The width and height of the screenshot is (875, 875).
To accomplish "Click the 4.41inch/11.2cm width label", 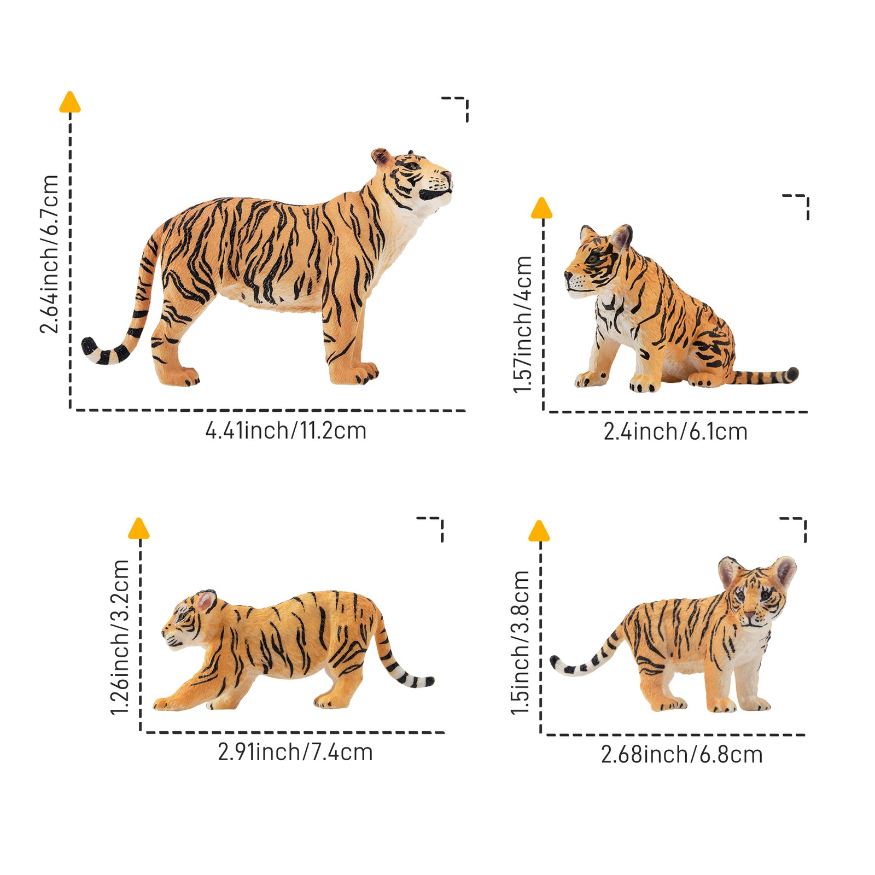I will pyautogui.click(x=285, y=431).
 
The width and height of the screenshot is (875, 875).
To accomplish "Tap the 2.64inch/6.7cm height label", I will pyautogui.click(x=49, y=254).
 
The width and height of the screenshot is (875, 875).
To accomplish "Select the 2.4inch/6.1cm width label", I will pyautogui.click(x=675, y=432).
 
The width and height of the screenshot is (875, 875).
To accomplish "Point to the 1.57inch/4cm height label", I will pyautogui.click(x=523, y=324).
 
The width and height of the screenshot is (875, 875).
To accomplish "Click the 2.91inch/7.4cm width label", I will pyautogui.click(x=295, y=752).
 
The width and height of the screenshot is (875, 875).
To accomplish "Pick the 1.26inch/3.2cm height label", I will pyautogui.click(x=120, y=637).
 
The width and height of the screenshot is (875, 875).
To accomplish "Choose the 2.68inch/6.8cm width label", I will pyautogui.click(x=681, y=755).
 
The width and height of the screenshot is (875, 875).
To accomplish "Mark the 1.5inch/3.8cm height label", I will pyautogui.click(x=521, y=643).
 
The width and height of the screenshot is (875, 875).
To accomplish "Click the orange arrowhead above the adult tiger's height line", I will pyautogui.click(x=70, y=102).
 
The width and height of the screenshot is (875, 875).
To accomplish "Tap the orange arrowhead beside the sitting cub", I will pyautogui.click(x=542, y=208).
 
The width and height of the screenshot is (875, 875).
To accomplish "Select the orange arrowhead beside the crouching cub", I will pyautogui.click(x=139, y=529).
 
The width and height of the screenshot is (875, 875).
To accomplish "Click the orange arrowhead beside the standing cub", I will pyautogui.click(x=539, y=531).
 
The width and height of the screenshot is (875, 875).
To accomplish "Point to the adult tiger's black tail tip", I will pyautogui.click(x=87, y=345).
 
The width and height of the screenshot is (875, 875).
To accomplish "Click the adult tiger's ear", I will pyautogui.click(x=380, y=156).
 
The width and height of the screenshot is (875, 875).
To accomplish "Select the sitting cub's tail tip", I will pyautogui.click(x=792, y=374).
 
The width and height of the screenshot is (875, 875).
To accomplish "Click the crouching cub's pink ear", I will pyautogui.click(x=206, y=601).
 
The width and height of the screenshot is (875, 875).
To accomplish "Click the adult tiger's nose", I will pyautogui.click(x=447, y=175).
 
